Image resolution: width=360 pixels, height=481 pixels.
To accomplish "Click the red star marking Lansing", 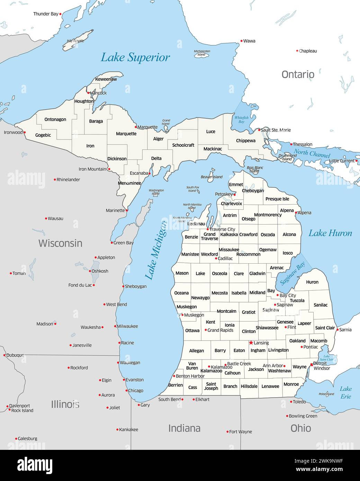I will click(251, 343).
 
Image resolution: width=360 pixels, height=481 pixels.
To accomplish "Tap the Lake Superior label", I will click(135, 57).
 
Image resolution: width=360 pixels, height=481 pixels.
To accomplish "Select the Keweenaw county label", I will click(106, 79).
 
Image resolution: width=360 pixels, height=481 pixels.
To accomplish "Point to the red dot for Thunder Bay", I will click(60, 14).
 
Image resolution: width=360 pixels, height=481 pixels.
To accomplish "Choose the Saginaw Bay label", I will click(292, 273).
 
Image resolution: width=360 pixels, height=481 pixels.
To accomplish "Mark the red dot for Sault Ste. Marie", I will click(259, 130).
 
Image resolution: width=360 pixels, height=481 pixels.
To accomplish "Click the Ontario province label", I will click(298, 74).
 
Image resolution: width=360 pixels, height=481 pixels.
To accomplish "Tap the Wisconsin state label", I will click(60, 243).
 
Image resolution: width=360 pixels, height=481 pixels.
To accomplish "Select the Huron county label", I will click(312, 282).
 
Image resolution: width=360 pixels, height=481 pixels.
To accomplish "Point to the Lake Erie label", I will click(345, 392).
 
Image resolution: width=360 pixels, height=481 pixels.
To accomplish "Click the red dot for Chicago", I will click(126, 390).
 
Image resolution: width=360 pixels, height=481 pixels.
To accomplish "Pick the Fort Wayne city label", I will click(241, 432).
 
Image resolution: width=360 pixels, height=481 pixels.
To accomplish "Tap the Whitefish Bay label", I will click(241, 119).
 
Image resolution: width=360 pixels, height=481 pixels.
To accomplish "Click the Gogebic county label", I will click(43, 135).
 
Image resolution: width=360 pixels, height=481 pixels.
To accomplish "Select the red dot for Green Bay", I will click(112, 243).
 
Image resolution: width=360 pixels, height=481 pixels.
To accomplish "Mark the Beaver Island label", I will click(211, 177).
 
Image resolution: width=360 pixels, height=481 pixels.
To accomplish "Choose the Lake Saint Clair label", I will click(326, 358).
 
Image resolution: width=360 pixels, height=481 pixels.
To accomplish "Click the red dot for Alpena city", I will click(296, 213).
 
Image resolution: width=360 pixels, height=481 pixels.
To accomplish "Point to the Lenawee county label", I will click(270, 386).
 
